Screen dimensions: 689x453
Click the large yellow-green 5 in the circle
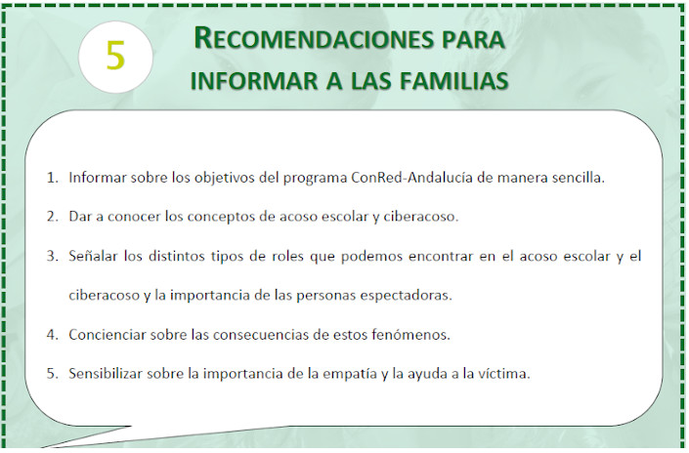click(115, 56)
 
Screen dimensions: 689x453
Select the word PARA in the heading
click(473, 40)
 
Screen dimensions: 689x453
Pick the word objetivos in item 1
click(224, 179)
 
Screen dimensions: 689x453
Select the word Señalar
click(93, 256)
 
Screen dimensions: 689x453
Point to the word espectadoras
click(406, 296)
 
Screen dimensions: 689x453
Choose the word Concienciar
click(107, 335)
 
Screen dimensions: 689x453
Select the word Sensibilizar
click(105, 374)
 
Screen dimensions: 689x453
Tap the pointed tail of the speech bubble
click(43, 447)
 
